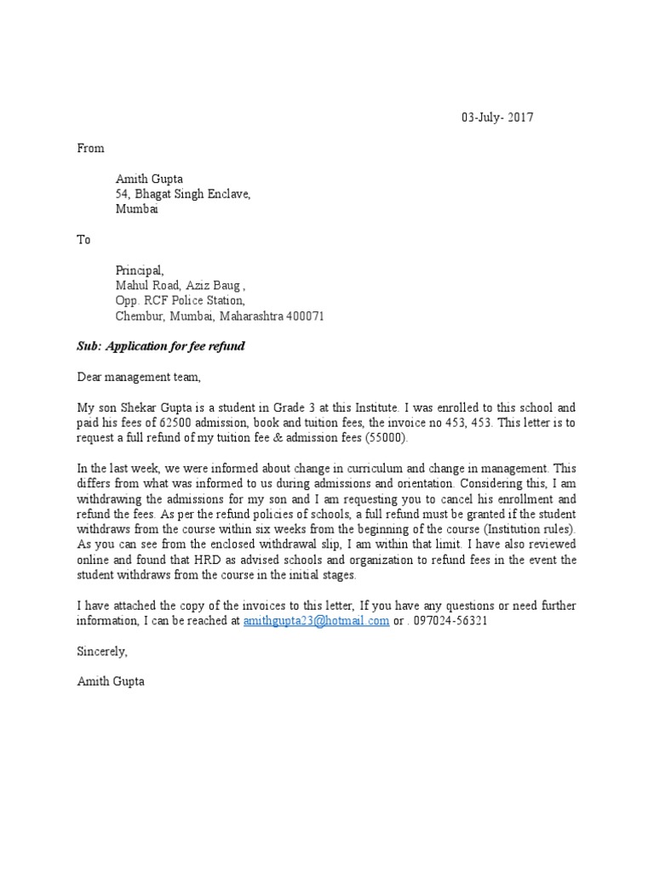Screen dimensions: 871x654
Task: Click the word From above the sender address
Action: point(90,148)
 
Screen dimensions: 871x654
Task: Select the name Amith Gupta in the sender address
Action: point(149,179)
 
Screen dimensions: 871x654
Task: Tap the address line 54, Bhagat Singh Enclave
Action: point(183,194)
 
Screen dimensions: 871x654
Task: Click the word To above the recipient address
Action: point(84,240)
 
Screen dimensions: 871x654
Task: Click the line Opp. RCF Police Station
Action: point(181,301)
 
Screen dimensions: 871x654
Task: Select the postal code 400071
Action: point(304,316)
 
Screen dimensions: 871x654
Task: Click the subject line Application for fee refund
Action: point(175,347)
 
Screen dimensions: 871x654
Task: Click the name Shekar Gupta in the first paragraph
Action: point(161,408)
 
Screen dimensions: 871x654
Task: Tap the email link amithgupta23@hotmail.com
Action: point(316,621)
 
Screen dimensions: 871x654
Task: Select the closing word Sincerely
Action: point(101,652)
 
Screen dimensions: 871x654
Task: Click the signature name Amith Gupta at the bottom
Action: point(110,682)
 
